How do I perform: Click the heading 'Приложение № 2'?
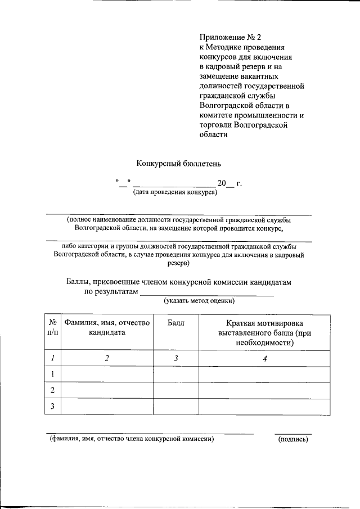click(x=231, y=38)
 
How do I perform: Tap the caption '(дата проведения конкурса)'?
click(x=175, y=192)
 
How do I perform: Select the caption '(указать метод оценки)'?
click(x=199, y=301)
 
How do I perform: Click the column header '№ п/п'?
click(x=52, y=328)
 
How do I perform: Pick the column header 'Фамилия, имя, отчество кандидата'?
click(x=106, y=328)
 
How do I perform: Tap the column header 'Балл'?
click(x=175, y=323)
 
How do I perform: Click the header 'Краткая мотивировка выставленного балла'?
click(x=264, y=332)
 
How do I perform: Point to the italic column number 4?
click(x=264, y=358)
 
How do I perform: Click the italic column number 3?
click(x=175, y=358)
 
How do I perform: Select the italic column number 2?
click(x=106, y=358)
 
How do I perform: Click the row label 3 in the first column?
click(x=52, y=407)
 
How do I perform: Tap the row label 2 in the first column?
click(x=52, y=390)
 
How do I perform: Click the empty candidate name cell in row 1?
click(x=106, y=374)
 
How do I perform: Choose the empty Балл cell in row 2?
click(x=175, y=390)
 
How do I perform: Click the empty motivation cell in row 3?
click(x=264, y=407)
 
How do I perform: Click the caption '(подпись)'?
click(x=293, y=439)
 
